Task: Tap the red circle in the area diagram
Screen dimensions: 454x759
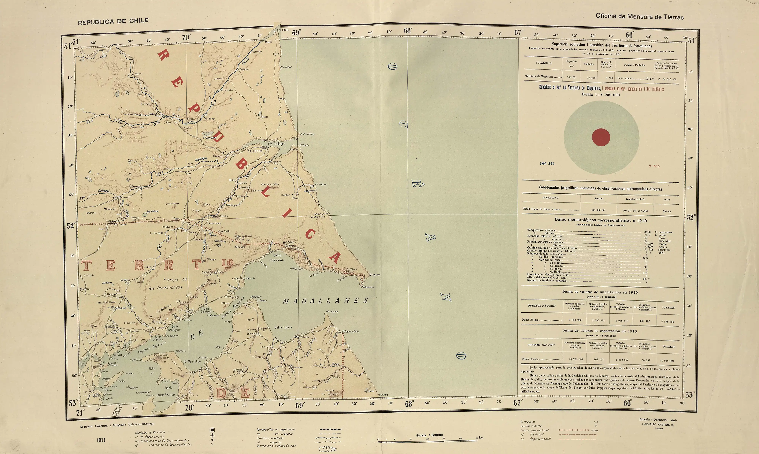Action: point(601,137)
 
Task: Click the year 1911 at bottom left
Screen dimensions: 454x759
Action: point(101,440)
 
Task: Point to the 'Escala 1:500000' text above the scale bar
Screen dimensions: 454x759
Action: point(429,435)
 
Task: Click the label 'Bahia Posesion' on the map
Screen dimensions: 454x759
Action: point(277,258)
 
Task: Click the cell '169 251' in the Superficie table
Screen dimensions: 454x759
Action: point(572,77)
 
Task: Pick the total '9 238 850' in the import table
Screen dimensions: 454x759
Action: point(668,322)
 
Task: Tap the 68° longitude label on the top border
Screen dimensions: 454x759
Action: point(408,31)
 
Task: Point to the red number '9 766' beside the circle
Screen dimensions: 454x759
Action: point(654,166)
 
